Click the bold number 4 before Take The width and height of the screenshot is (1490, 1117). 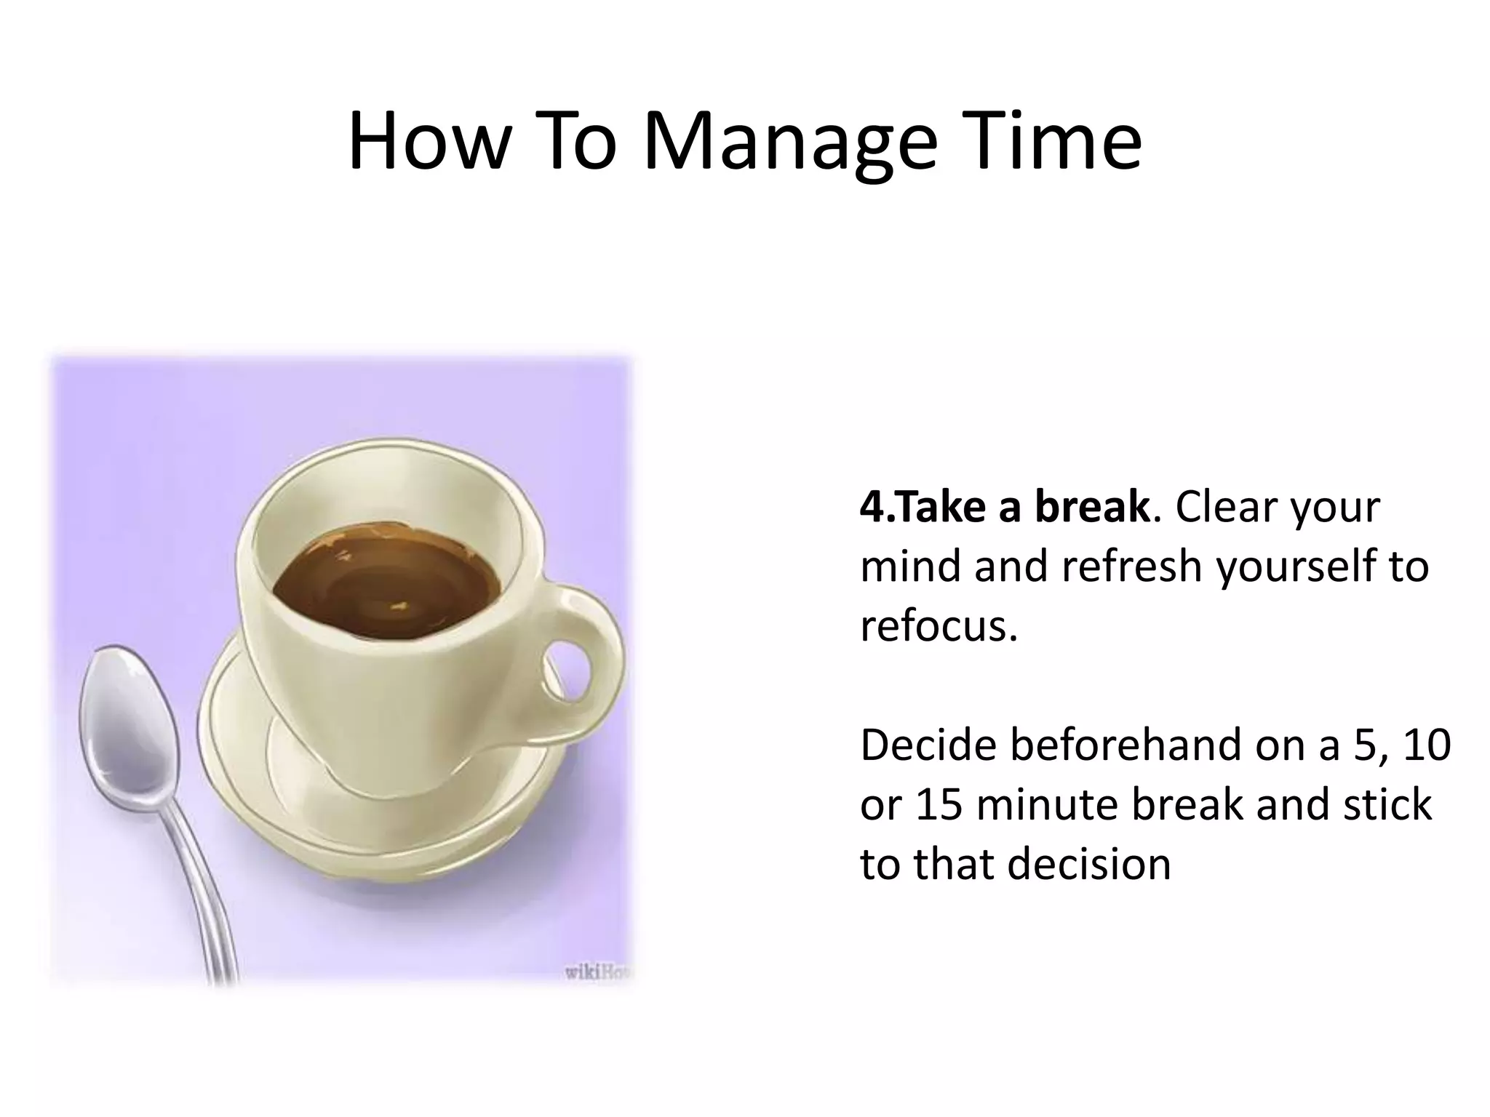pyautogui.click(x=871, y=507)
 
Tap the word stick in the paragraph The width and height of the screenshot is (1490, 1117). pyautogui.click(x=1387, y=804)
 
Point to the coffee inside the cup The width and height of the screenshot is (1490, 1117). pyautogui.click(x=386, y=582)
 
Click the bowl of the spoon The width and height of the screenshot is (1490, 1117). pyautogui.click(x=127, y=720)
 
